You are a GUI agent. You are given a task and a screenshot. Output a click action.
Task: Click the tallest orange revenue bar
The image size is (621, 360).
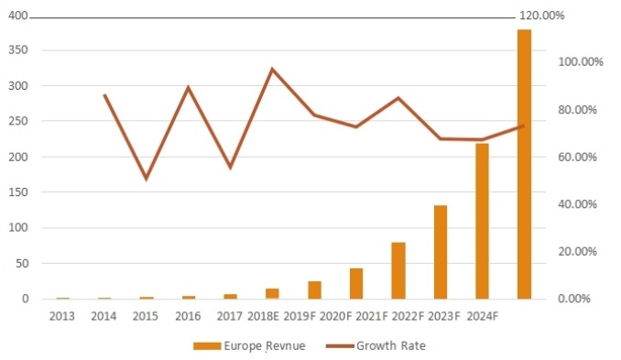tap(524, 165)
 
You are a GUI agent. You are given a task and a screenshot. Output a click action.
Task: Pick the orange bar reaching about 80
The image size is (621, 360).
tap(398, 270)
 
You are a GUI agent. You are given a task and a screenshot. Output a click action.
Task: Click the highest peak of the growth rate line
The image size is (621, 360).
tap(272, 69)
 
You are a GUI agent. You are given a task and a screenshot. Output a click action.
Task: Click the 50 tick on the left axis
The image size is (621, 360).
tap(21, 263)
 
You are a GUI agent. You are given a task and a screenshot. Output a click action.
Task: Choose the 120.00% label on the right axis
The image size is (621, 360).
tap(541, 16)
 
